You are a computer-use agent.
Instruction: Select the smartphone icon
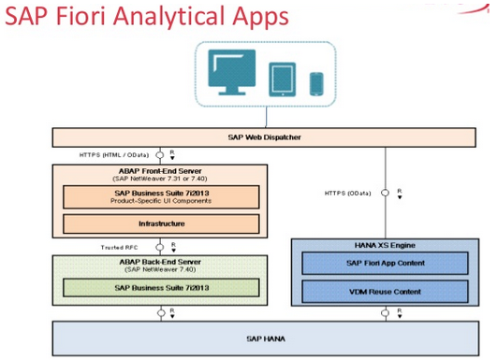tap(315, 82)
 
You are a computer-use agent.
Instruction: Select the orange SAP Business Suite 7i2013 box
tap(161, 195)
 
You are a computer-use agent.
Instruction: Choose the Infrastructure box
tap(161, 223)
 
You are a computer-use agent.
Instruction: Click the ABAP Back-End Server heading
tap(159, 264)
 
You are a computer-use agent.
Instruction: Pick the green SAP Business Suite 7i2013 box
tap(161, 287)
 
